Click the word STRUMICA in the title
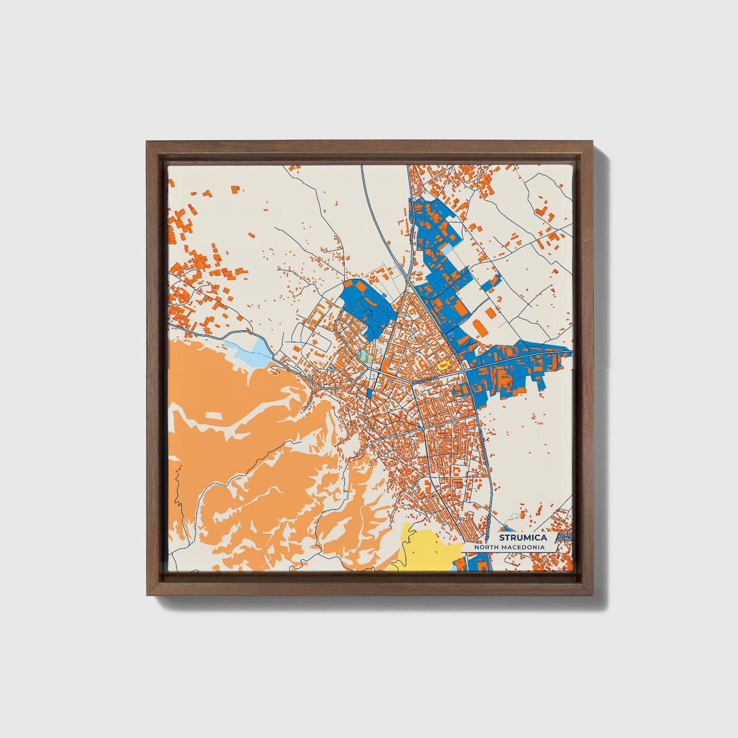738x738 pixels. coord(523,537)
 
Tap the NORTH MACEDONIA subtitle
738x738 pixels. coord(509,547)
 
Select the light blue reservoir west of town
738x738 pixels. coord(251,352)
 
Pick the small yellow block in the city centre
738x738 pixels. coord(442,365)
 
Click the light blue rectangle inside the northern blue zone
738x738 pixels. coord(446,249)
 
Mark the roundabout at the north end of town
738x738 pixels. coord(406,279)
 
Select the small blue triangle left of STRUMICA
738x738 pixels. coord(506,529)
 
